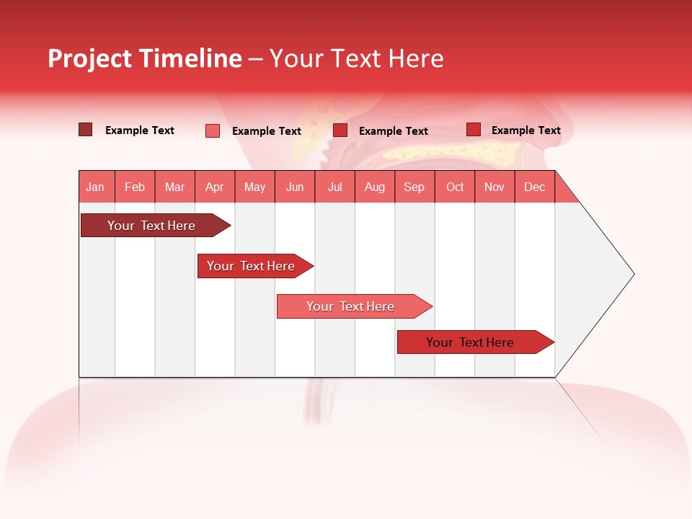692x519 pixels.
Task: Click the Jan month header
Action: tap(96, 187)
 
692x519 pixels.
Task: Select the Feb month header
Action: tap(135, 187)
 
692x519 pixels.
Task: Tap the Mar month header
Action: tap(174, 187)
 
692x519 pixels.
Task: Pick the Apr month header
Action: tap(215, 187)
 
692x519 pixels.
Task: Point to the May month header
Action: tap(254, 187)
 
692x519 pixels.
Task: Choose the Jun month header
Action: tap(295, 187)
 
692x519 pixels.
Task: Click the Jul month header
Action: tap(334, 187)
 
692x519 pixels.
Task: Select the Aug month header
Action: tap(375, 187)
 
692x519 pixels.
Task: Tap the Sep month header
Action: tap(414, 187)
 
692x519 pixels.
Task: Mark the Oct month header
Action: tap(455, 187)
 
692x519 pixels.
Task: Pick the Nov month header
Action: tap(494, 187)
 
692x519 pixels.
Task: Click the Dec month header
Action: tap(535, 187)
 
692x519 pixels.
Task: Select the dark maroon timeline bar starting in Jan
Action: tap(152, 226)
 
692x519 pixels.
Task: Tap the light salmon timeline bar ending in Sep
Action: tap(351, 306)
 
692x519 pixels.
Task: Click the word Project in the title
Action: tap(89, 58)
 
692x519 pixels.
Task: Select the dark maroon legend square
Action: tap(85, 130)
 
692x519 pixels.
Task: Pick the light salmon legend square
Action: tap(213, 130)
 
